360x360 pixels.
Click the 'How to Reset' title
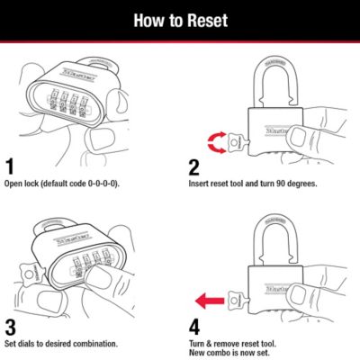(180, 19)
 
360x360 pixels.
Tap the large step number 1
(10, 166)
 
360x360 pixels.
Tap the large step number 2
(193, 166)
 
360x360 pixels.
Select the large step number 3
(10, 323)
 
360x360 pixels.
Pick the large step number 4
(193, 323)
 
